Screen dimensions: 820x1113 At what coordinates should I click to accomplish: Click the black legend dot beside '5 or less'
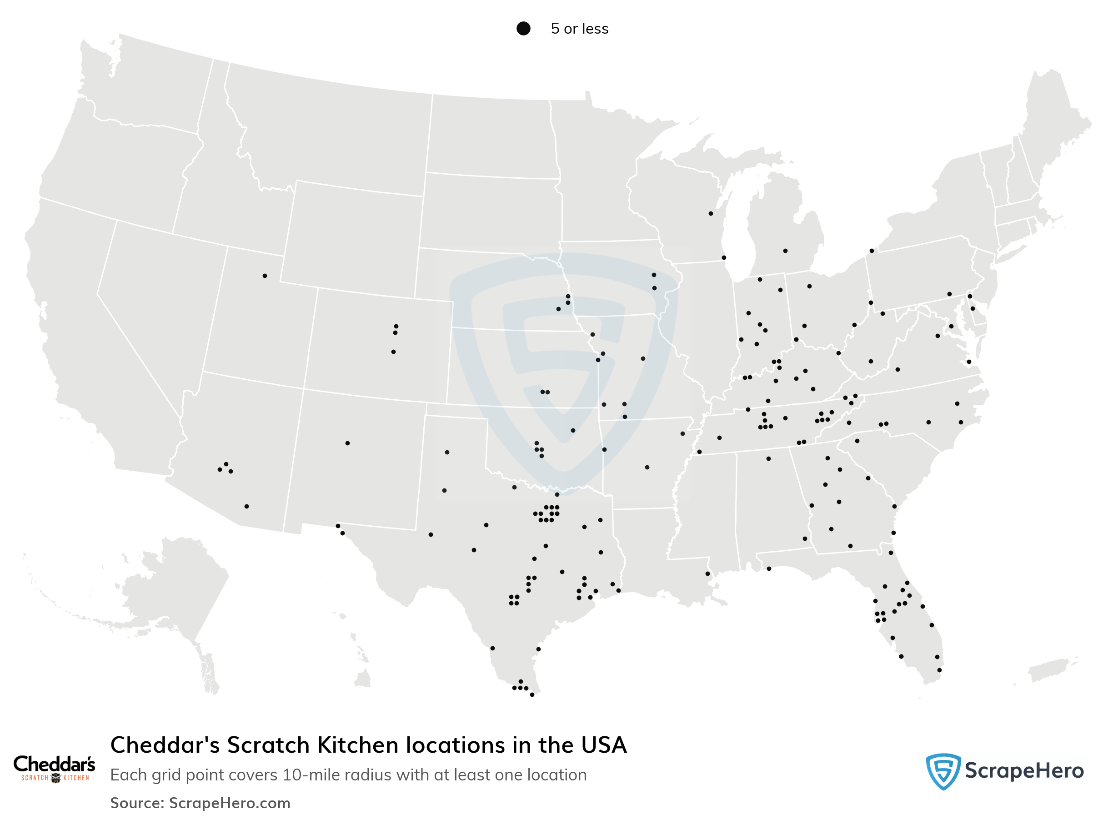click(x=523, y=28)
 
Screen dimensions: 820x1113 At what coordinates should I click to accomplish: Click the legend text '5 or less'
click(x=579, y=29)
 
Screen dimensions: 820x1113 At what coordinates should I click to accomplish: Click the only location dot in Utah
click(x=265, y=276)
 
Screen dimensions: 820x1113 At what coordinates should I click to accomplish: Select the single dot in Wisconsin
click(x=711, y=213)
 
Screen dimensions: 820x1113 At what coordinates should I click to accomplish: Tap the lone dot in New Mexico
click(x=347, y=443)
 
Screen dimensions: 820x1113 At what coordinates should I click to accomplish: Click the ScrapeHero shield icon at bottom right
click(x=943, y=771)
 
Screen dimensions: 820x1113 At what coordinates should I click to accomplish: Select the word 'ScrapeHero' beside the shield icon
click(x=1024, y=771)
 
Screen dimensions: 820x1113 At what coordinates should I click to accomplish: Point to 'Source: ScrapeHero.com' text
click(x=200, y=803)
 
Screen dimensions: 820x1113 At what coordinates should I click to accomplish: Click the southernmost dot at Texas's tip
click(x=532, y=695)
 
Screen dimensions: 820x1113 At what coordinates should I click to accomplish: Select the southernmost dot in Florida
click(x=939, y=670)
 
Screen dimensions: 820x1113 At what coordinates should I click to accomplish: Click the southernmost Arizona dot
click(x=246, y=506)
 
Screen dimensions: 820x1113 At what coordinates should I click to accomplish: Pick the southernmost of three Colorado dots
click(x=393, y=352)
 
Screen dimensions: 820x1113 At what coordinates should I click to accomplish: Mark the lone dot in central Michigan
click(x=785, y=251)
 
